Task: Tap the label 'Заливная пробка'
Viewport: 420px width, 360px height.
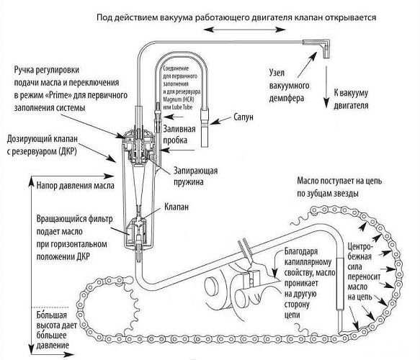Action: [x=182, y=135]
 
